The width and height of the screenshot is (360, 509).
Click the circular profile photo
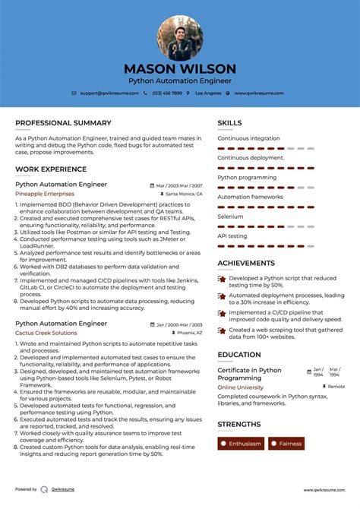coord(180,38)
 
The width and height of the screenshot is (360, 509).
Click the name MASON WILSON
coord(180,68)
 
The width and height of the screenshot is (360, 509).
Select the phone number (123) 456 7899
coord(166,93)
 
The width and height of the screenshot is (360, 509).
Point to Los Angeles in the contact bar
coord(208,93)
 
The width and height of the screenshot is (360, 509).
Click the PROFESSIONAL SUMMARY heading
coord(63,123)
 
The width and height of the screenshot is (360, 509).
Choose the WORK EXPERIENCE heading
coord(51,169)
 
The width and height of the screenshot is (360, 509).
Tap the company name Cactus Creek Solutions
coord(46,333)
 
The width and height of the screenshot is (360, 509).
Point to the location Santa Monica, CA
coord(183,194)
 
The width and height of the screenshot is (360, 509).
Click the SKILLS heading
coord(229,123)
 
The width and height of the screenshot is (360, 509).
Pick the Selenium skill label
coord(230,217)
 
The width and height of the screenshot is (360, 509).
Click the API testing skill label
coord(232,236)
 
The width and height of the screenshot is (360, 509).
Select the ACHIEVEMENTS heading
coord(246,263)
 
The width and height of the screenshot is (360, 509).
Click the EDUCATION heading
coord(239,355)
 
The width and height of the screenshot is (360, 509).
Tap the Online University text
coord(241,387)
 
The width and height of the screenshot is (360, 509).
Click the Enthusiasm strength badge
coord(241,444)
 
